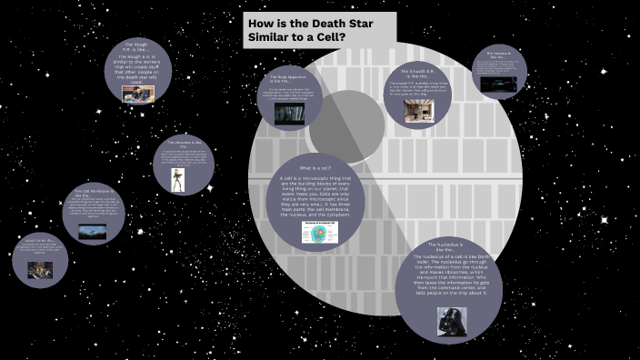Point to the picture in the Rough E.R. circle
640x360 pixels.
pos(137,93)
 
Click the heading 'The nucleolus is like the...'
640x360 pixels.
pos(449,246)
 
